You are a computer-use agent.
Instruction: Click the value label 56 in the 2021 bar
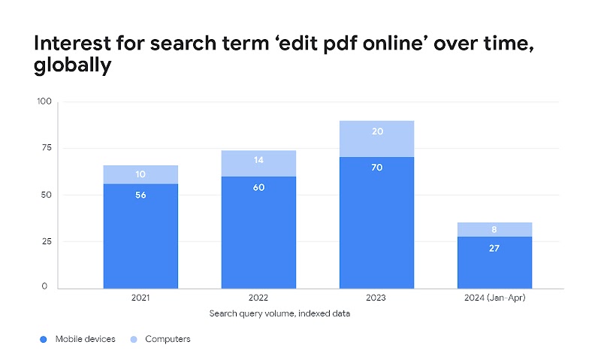pos(140,195)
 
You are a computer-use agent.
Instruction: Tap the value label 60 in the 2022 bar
pos(258,187)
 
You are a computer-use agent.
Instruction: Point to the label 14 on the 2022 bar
pos(258,160)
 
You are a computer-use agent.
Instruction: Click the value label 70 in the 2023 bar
pos(376,168)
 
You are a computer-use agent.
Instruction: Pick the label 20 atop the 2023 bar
pos(376,131)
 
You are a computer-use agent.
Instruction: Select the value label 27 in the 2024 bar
pos(494,248)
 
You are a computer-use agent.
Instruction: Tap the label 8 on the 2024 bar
pos(494,230)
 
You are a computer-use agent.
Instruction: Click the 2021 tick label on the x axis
pos(140,298)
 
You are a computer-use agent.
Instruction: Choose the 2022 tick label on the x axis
pos(258,298)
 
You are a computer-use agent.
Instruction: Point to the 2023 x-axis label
pos(376,298)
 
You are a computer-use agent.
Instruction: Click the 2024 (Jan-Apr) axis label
pos(494,298)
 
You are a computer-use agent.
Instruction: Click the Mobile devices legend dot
pos(43,340)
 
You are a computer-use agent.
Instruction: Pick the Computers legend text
pos(168,339)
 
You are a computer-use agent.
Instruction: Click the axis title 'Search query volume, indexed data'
pos(279,313)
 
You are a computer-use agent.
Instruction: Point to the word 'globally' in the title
pos(72,66)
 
